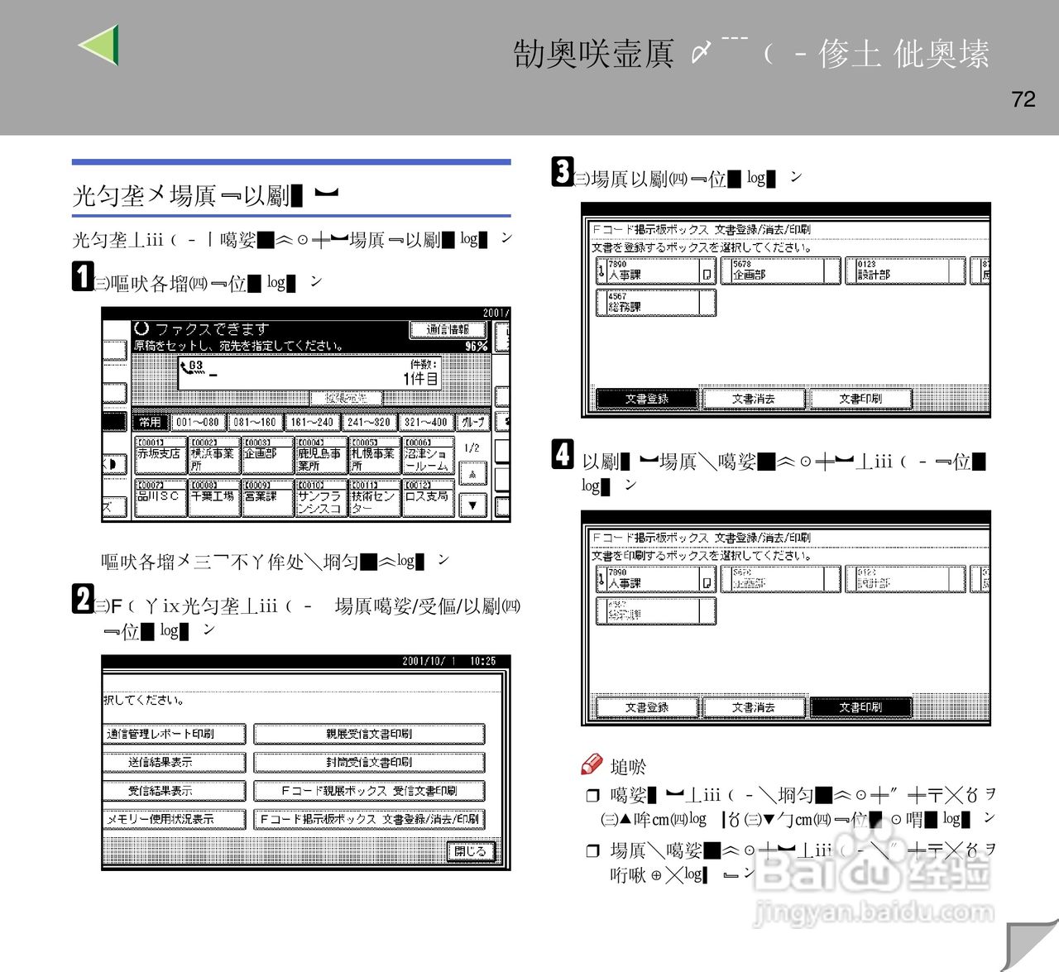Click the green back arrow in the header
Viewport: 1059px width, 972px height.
tap(100, 45)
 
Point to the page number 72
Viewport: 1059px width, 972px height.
tap(1023, 99)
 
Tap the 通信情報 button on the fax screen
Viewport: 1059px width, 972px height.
tap(448, 330)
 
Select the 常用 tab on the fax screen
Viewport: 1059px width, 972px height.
tap(150, 422)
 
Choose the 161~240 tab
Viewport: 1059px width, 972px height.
tap(311, 422)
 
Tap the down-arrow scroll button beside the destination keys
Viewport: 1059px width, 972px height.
tap(472, 504)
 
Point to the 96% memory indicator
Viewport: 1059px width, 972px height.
tap(476, 347)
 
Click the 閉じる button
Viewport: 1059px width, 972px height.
tap(470, 851)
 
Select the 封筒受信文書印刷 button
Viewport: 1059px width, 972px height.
tap(369, 763)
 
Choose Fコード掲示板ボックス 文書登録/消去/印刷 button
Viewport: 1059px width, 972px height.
tap(369, 819)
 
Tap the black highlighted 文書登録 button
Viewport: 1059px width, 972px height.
tap(647, 399)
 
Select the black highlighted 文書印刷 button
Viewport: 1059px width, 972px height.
tap(860, 707)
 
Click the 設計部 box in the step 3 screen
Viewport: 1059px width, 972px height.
tap(904, 271)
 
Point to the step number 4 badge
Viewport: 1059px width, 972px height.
tap(563, 454)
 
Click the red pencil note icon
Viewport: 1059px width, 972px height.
tap(592, 764)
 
